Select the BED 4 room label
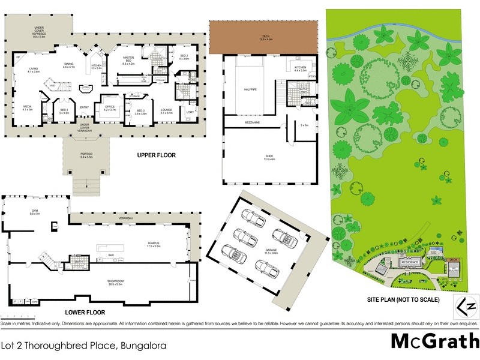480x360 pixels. [x=64, y=110]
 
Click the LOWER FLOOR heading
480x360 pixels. [x=85, y=313]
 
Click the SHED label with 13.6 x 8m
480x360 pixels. [x=269, y=157]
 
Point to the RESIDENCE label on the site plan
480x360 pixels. [x=410, y=262]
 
